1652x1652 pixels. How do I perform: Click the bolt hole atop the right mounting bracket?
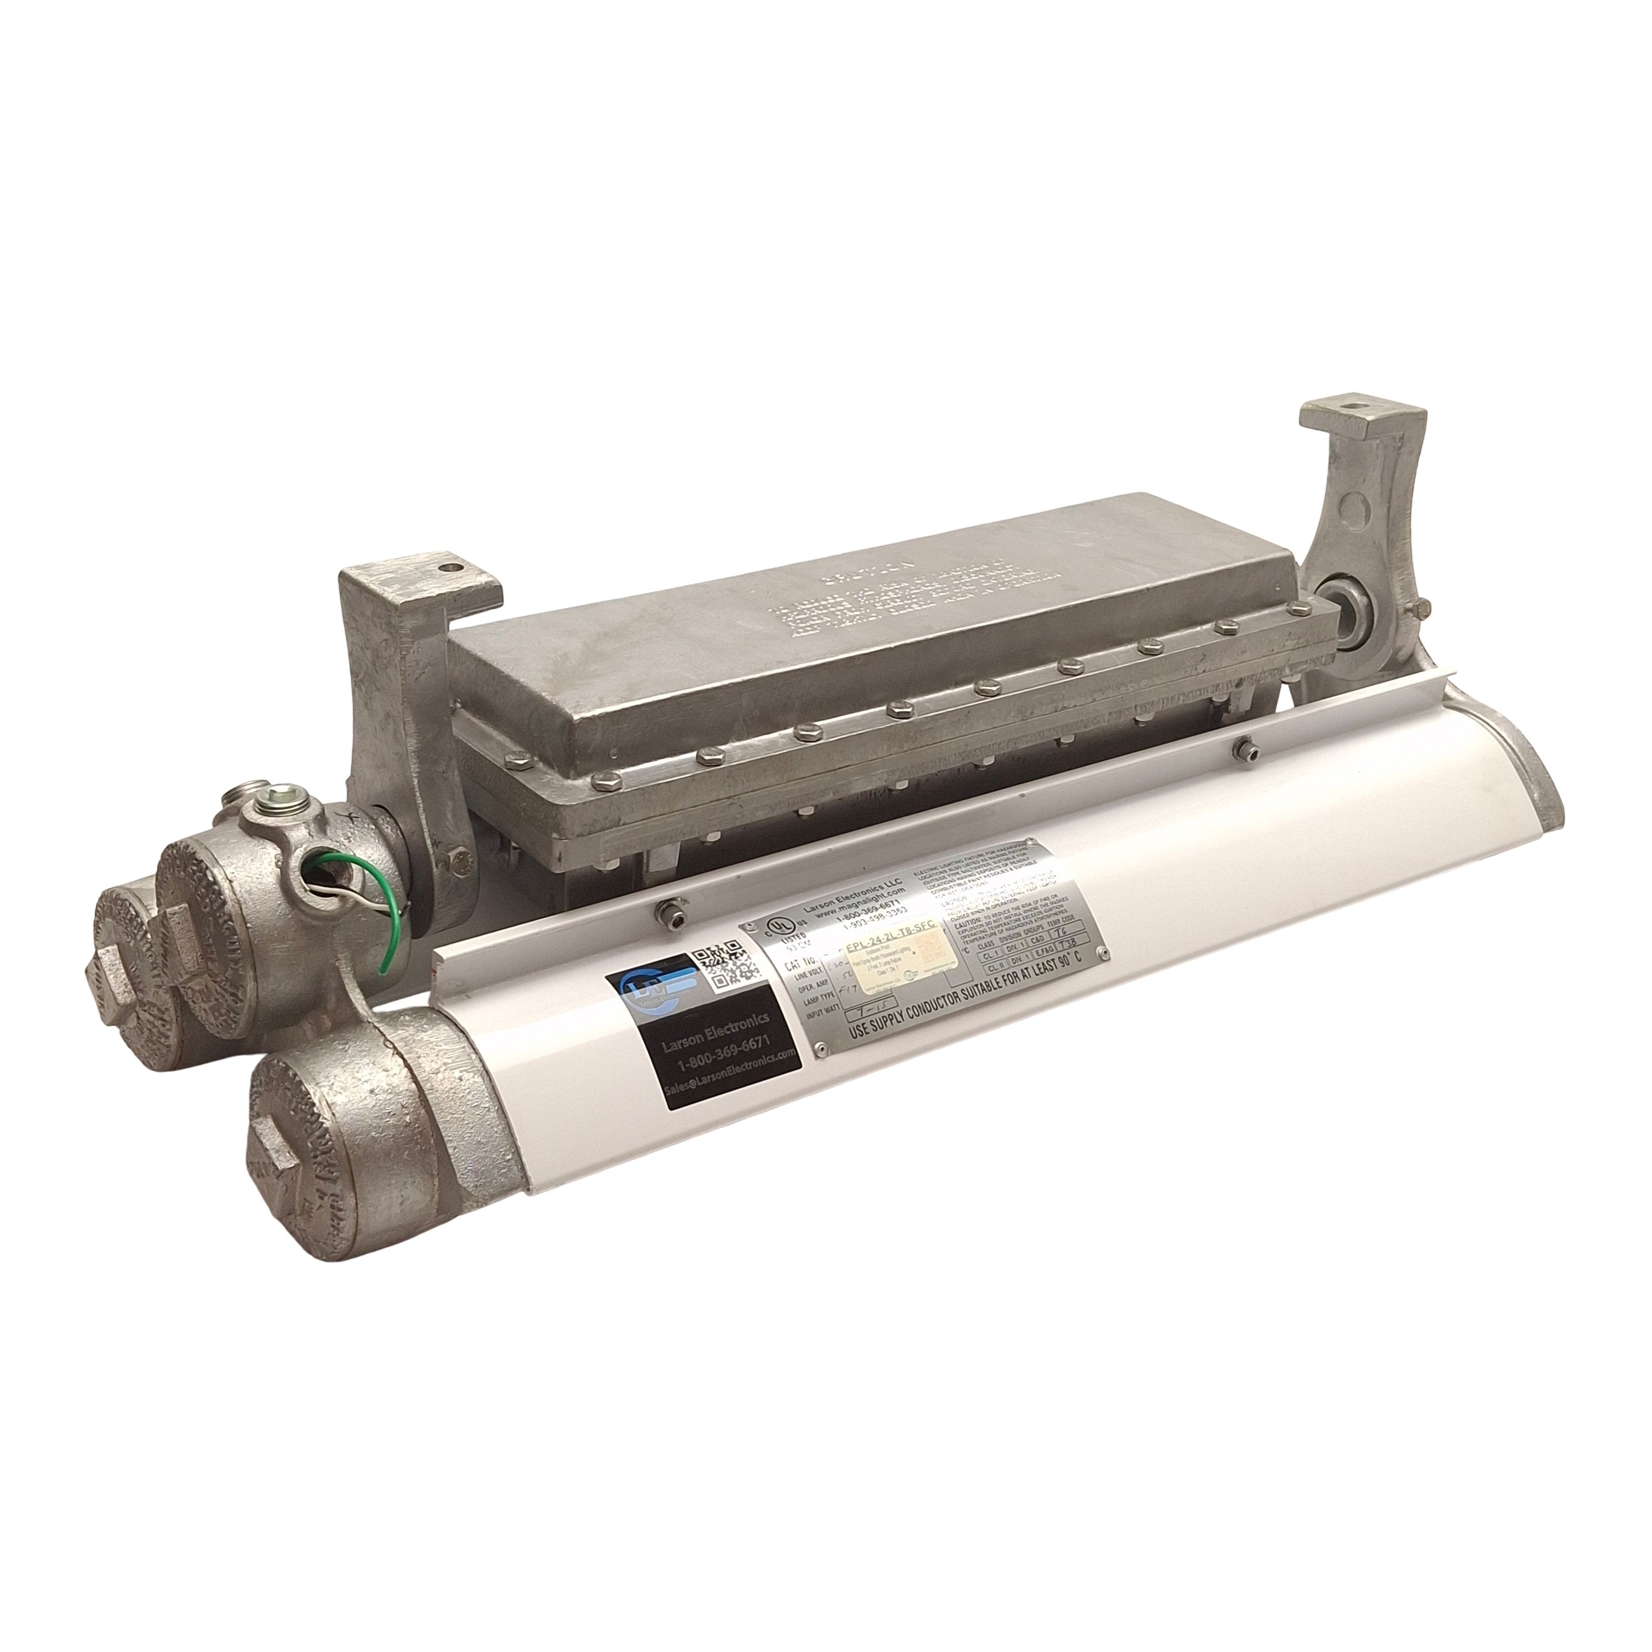1353,422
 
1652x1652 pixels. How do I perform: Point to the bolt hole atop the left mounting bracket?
445,565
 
